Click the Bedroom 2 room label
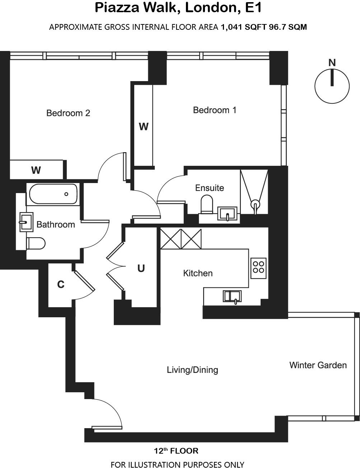coord(68,113)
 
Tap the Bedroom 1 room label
coord(215,110)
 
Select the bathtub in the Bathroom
coord(53,194)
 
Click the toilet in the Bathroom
coord(36,243)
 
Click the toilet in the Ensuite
coord(207,204)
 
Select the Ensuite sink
coord(227,214)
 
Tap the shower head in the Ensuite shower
coord(255,204)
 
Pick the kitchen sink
coord(232,296)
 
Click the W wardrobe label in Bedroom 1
coord(144,127)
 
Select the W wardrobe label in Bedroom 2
coord(36,170)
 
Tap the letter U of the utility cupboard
coord(141,268)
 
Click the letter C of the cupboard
coord(61,285)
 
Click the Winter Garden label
coord(318,365)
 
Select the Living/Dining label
coord(192,370)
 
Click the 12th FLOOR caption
coord(176,451)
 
